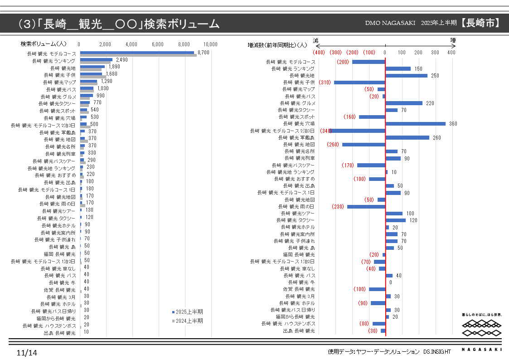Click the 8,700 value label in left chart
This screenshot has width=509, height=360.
pyautogui.click(x=204, y=53)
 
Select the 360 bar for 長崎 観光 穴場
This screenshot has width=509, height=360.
pyautogui.click(x=415, y=124)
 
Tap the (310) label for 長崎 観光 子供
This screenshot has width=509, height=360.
pyautogui.click(x=325, y=83)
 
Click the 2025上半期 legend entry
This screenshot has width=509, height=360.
pyautogui.click(x=187, y=312)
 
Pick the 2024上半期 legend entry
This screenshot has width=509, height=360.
pyautogui.click(x=187, y=321)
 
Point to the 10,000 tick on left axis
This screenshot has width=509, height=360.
pyautogui.click(x=211, y=44)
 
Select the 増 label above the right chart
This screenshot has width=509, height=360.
pyautogui.click(x=453, y=40)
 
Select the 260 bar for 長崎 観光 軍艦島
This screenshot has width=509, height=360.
pyautogui.click(x=407, y=137)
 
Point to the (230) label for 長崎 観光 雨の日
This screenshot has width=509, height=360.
pyautogui.click(x=338, y=206)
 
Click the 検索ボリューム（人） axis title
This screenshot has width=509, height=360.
pyautogui.click(x=44, y=44)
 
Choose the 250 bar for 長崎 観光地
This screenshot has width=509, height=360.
pyautogui.click(x=406, y=76)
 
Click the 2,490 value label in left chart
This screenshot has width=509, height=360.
pyautogui.click(x=122, y=60)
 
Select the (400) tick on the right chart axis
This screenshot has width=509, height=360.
pyautogui.click(x=319, y=53)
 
